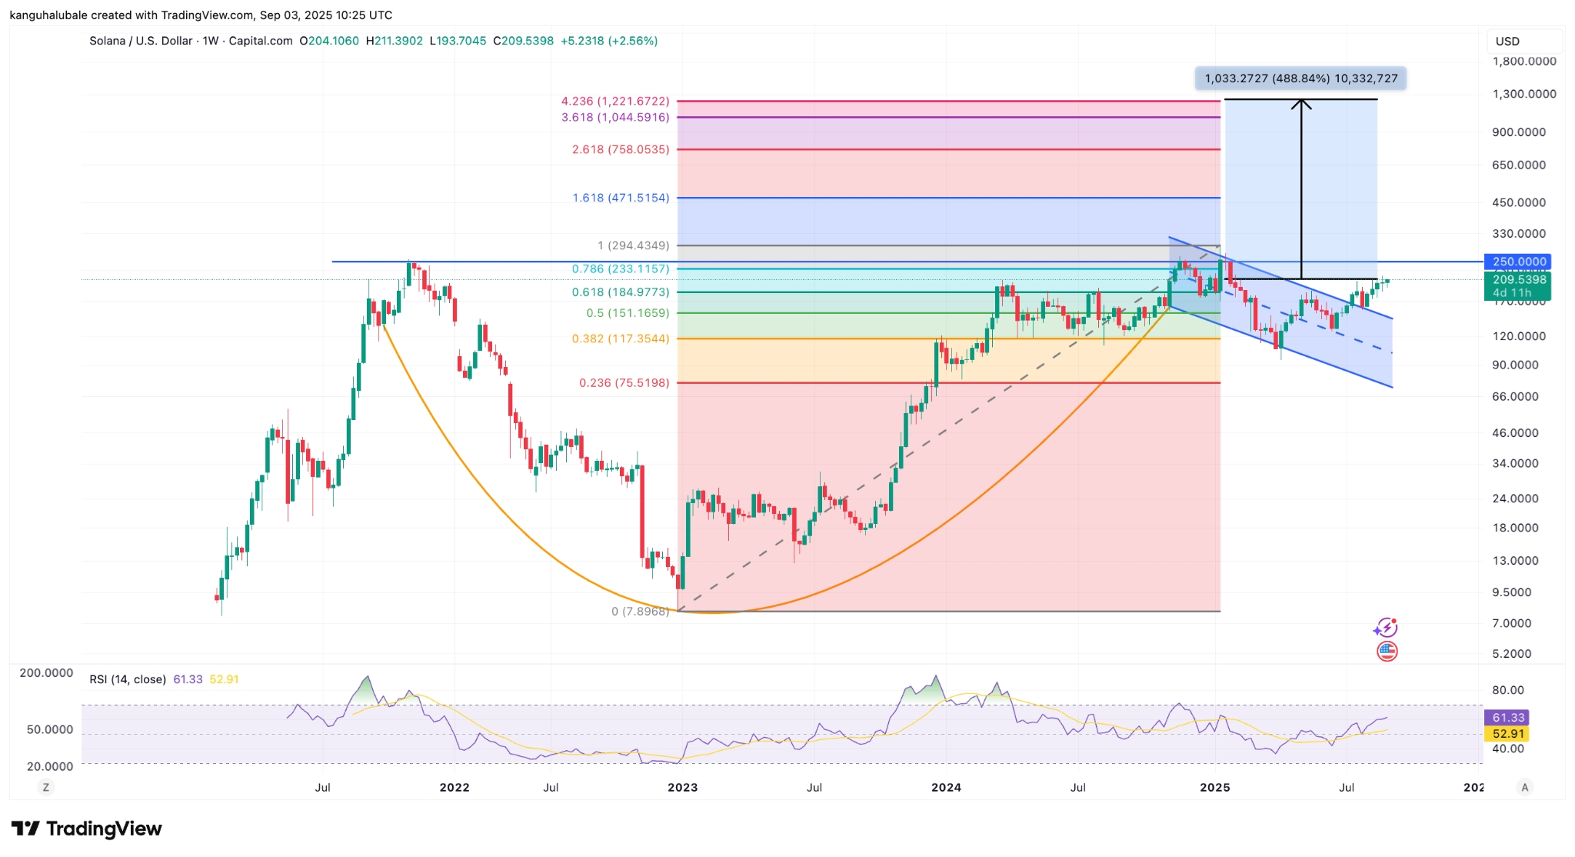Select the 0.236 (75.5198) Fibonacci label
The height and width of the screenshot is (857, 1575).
coord(624,383)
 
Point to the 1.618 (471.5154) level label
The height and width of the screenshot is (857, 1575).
coord(620,198)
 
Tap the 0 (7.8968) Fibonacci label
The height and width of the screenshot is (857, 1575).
coord(640,612)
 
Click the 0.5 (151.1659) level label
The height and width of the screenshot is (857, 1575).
coord(628,313)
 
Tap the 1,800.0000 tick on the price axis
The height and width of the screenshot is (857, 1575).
coord(1523,62)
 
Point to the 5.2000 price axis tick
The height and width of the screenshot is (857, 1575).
coord(1511,654)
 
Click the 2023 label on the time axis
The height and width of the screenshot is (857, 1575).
coord(682,787)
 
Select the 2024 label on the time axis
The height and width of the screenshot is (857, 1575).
coord(946,787)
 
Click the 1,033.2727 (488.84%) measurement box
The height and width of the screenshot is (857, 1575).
coord(1300,78)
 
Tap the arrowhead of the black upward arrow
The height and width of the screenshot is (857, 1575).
coord(1301,102)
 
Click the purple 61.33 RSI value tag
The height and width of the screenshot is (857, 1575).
coord(1507,718)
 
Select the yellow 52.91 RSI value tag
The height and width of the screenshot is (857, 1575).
coord(1507,734)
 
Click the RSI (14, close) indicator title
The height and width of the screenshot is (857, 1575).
coord(128,679)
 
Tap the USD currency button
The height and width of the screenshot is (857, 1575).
coord(1507,42)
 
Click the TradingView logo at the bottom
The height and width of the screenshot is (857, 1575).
coord(86,829)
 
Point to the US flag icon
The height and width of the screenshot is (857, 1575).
coord(1387,652)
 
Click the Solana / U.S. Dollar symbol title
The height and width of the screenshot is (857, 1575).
coord(141,41)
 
